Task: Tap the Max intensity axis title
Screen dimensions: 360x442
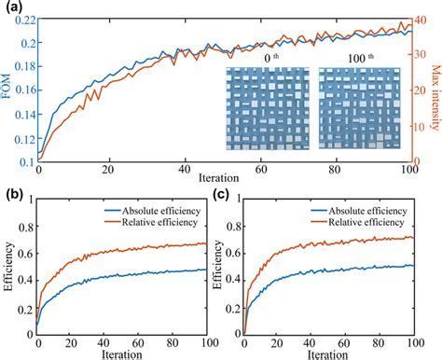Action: pos(435,90)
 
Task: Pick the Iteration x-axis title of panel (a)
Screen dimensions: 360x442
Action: pos(221,176)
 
